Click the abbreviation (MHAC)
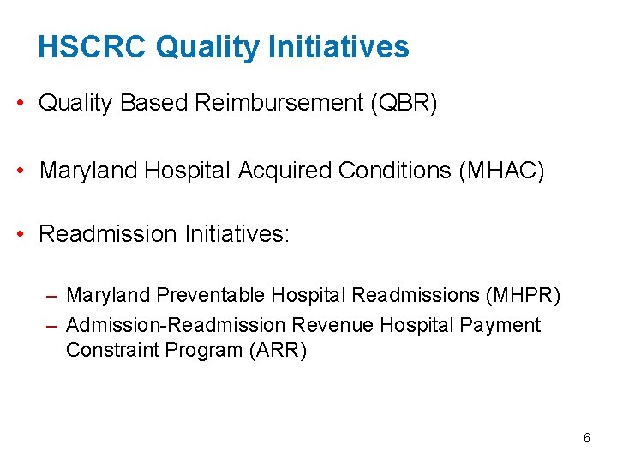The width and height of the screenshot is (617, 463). pos(502,171)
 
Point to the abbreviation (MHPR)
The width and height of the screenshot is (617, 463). pos(522,296)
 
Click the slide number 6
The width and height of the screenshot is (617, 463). pos(586,437)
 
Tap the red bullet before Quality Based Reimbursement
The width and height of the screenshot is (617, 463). pos(19,104)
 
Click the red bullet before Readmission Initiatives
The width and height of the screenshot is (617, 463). pos(19,234)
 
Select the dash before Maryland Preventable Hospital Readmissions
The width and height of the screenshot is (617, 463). pos(52,296)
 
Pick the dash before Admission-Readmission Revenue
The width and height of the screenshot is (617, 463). pos(52,325)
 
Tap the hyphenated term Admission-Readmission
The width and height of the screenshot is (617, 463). pos(175,325)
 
